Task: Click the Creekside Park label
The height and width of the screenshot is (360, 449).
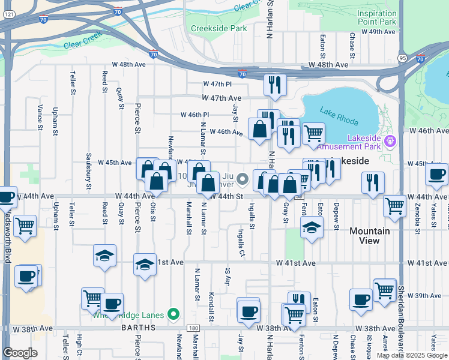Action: [x=219, y=28]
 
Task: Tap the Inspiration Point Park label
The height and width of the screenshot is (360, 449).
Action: [x=376, y=17]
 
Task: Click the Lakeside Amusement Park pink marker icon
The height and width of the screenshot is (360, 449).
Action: [x=391, y=142]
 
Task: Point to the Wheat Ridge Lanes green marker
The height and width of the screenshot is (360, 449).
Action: [x=174, y=313]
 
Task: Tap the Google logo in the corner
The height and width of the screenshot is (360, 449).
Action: [x=20, y=353]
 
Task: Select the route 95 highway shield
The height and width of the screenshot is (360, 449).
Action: [x=402, y=58]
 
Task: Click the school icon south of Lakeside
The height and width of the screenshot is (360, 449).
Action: [x=312, y=227]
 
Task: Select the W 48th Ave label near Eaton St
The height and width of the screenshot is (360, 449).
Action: [x=328, y=64]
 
